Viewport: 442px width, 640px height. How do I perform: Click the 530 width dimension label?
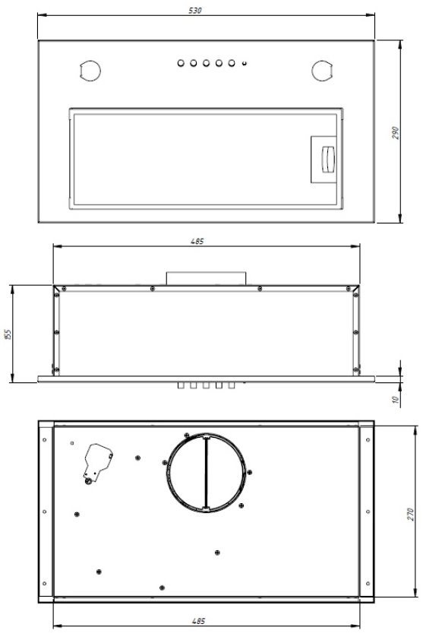207,10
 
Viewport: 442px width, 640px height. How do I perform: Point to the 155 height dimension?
7,334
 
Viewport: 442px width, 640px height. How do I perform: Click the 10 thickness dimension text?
396,400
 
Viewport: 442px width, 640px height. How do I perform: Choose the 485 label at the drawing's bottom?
198,622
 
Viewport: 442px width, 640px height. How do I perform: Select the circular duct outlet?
206,471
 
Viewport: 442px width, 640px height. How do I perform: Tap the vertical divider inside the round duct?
206,471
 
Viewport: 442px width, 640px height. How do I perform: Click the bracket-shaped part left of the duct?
97,461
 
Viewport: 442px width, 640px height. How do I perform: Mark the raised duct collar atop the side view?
206,277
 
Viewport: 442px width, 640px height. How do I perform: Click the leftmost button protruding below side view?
182,386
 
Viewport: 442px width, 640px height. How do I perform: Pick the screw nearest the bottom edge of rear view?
163,587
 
